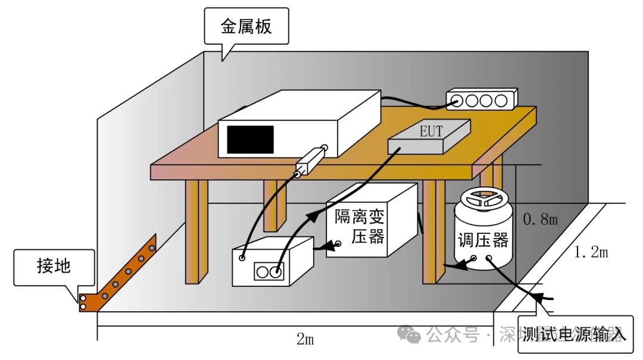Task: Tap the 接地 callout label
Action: [54, 267]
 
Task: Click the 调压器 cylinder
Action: [483, 238]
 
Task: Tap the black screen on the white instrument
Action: [251, 139]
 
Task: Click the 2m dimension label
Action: [305, 340]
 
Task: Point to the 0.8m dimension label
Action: [540, 220]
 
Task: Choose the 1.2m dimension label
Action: [591, 252]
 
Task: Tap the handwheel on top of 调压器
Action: [484, 200]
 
